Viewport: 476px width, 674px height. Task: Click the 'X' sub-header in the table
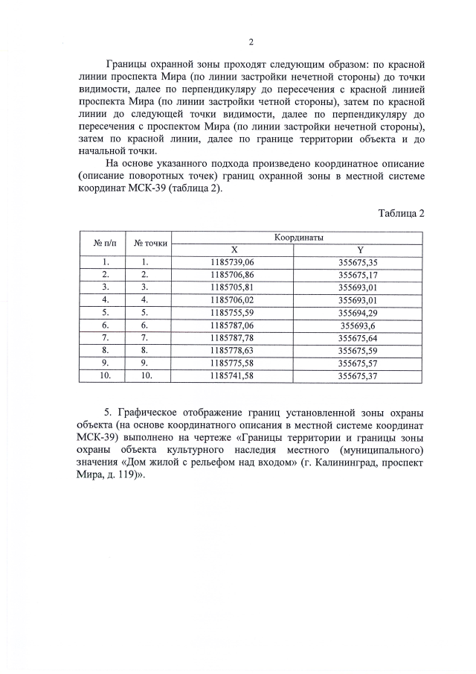click(x=234, y=249)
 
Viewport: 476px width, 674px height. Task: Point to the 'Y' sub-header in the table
click(x=359, y=249)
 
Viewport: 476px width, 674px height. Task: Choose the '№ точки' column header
click(x=150, y=242)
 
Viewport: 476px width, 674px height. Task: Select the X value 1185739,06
click(x=233, y=262)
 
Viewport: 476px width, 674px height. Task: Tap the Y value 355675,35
click(x=358, y=262)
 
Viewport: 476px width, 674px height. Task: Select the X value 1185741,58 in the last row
click(x=233, y=376)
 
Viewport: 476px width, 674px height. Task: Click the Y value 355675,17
click(x=358, y=275)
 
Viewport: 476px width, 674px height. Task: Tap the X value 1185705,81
click(x=233, y=287)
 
